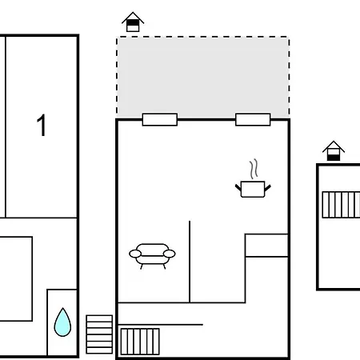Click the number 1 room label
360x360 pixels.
42,125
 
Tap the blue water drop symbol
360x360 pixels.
62,322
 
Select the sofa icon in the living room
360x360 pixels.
152,256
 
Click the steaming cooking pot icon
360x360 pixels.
253,178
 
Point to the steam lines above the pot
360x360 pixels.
254,169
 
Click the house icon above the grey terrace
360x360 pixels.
133,22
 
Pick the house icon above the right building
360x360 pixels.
334,151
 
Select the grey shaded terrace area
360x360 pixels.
203,78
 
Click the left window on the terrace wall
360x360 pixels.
160,119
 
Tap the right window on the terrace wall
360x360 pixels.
253,119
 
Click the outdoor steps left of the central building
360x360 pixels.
99,334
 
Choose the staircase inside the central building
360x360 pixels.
140,342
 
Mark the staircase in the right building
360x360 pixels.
341,205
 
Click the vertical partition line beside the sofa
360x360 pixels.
190,262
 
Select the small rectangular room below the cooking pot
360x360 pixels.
266,246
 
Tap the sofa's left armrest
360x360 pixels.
135,254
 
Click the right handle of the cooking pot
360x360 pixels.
267,188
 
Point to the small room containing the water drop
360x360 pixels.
62,322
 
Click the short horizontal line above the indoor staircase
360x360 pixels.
160,325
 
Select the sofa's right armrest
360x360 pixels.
170,254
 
